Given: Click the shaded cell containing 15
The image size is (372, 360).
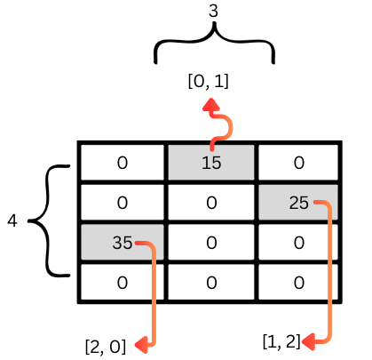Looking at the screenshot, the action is click(x=211, y=163).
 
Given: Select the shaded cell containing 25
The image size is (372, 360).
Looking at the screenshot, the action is click(x=298, y=203).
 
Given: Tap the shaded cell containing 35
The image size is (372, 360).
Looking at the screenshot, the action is click(x=123, y=243).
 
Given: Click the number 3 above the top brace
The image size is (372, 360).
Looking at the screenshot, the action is click(x=213, y=11).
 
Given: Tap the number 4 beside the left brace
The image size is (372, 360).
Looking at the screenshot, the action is click(x=12, y=220).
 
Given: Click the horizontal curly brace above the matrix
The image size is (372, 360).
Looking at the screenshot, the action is click(x=214, y=42).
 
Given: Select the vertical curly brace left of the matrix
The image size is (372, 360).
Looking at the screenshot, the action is click(x=47, y=220).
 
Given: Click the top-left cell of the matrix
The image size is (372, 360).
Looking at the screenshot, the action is click(x=123, y=163).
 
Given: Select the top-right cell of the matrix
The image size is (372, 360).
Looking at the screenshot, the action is click(x=298, y=163).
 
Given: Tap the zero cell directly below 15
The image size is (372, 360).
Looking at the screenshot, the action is click(x=211, y=203).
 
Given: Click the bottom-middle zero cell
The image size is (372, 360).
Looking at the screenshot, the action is click(x=211, y=282).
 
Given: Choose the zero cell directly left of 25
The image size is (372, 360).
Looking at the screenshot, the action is click(x=211, y=203).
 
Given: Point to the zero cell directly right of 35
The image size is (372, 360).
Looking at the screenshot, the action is click(x=211, y=243).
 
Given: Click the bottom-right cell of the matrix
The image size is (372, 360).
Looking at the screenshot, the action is click(x=298, y=282).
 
